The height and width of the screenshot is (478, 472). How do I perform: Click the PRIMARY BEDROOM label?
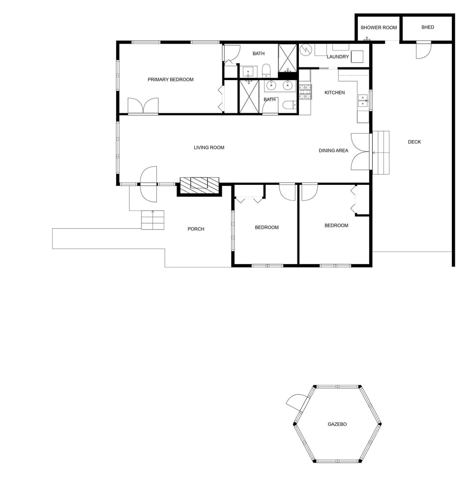coord(171,80)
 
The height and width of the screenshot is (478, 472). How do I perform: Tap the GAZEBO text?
coord(337,424)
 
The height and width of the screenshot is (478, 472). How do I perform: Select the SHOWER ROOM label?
coord(379,28)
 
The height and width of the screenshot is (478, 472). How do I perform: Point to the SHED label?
coord(428,28)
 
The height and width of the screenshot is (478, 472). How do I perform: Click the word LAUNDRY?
coord(338,57)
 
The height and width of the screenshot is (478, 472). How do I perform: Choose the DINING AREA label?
coord(333,150)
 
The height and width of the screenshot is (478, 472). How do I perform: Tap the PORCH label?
coord(196,229)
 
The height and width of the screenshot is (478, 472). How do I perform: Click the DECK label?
coord(414,142)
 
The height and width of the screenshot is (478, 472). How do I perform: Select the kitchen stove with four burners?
coord(305,92)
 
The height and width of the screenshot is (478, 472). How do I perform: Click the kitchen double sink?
coord(363,100)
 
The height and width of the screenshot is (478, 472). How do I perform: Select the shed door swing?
coord(423,50)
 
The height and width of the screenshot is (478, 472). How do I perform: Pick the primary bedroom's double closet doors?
coord(143,106)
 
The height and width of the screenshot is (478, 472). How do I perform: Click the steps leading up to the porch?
coord(152,220)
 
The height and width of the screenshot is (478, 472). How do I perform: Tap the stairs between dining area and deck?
coord(381,152)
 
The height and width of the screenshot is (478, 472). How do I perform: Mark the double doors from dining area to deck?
coord(360,151)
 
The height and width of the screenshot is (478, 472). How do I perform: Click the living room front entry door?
coord(149,184)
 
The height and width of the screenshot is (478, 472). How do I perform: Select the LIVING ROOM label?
coord(209,148)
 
